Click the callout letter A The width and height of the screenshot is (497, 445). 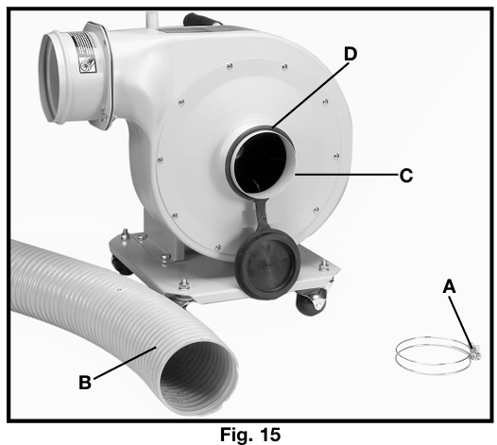449,286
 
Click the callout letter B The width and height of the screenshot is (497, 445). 85,382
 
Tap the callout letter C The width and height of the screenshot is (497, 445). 406,175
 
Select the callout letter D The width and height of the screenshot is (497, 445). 351,54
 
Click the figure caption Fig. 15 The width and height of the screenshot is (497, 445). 250,434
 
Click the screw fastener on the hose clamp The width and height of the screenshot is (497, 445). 475,352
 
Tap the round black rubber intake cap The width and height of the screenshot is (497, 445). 267,264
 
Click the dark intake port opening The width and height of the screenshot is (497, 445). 261,162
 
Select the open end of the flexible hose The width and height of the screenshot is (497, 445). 198,377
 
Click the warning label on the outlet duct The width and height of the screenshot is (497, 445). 84,52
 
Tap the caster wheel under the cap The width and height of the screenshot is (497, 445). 311,302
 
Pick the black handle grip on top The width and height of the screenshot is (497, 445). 199,20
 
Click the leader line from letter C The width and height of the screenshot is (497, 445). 346,175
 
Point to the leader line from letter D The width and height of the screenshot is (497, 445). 310,95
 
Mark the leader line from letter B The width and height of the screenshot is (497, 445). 125,362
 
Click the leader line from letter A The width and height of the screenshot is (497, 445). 462,321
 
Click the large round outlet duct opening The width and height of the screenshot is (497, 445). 51,77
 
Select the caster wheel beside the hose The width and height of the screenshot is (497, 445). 122,266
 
